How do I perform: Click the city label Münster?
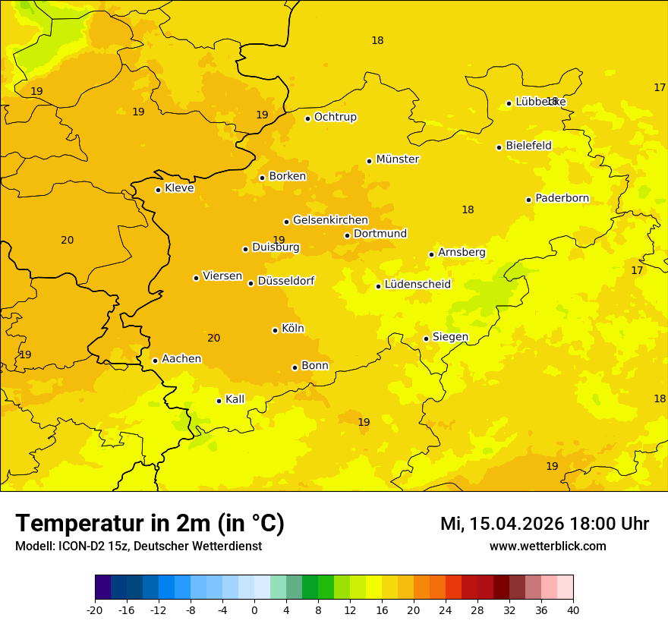click(398, 159)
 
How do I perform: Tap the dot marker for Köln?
click(275, 330)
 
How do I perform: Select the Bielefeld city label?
click(528, 146)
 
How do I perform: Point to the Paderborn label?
click(562, 199)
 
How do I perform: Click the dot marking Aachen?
click(155, 361)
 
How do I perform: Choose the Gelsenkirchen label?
click(330, 221)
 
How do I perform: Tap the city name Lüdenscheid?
click(417, 285)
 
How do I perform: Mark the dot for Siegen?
click(426, 339)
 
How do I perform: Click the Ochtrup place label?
click(335, 117)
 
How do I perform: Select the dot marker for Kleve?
click(158, 190)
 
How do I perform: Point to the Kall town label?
click(235, 399)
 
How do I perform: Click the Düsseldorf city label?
click(285, 281)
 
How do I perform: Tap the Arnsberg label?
click(462, 252)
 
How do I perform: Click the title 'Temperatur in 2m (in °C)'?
click(150, 524)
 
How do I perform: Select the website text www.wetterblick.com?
click(547, 547)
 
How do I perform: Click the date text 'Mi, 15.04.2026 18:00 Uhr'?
click(544, 524)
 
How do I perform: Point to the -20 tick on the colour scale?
click(95, 610)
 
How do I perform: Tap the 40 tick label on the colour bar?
click(572, 610)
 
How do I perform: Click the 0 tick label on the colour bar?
click(254, 610)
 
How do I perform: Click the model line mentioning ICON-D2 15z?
click(138, 547)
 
